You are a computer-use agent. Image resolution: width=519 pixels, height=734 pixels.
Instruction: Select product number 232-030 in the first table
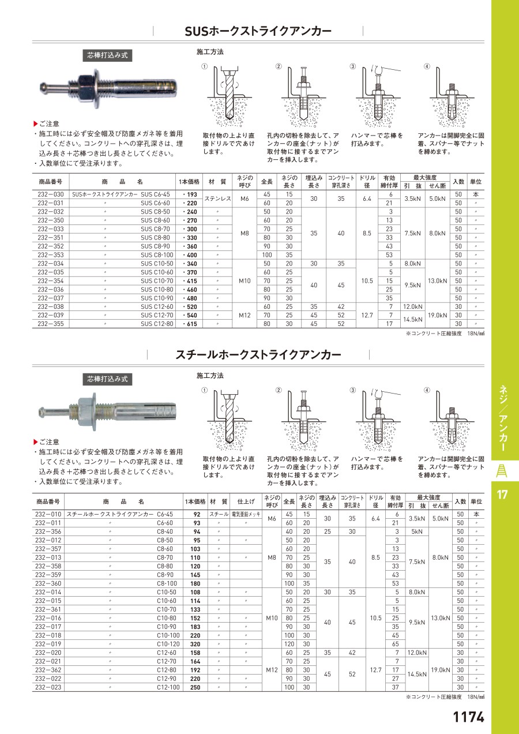tap(50, 194)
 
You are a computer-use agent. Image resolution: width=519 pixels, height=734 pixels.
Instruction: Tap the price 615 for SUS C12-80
tap(190, 324)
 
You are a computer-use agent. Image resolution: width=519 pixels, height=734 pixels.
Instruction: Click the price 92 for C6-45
tap(197, 514)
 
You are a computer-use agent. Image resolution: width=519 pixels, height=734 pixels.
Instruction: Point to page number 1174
tap(468, 717)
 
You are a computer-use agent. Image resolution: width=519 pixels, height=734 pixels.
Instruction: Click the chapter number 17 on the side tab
tap(502, 494)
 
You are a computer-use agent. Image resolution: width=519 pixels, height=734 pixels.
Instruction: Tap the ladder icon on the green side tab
tap(502, 470)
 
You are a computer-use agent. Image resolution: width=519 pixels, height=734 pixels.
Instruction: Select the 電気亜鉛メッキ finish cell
tap(246, 514)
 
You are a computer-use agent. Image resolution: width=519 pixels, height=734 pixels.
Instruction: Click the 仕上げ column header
tap(246, 501)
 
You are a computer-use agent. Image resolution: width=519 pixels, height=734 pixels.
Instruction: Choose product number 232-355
tap(50, 324)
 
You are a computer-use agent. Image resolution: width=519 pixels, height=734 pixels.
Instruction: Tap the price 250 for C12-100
tap(196, 687)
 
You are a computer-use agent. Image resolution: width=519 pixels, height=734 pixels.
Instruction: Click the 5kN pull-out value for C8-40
tap(417, 531)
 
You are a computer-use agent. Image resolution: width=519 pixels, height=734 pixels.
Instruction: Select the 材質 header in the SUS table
tap(217, 181)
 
